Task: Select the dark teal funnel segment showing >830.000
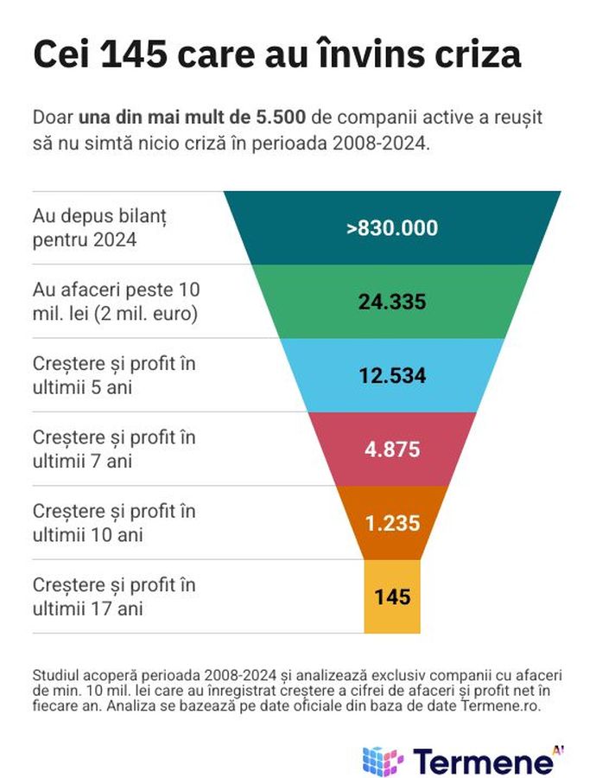tap(392, 228)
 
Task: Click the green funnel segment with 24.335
tap(392, 302)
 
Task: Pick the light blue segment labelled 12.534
tap(392, 376)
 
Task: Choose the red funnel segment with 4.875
tap(392, 450)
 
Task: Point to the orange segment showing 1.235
tap(392, 523)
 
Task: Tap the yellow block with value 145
tap(392, 596)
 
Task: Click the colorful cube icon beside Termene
tap(383, 760)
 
